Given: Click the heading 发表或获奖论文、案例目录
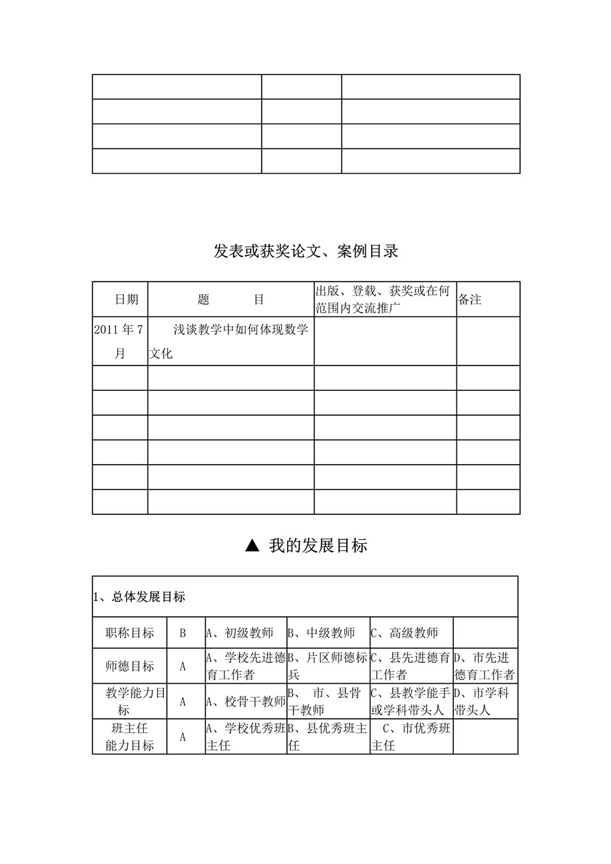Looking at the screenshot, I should [305, 251].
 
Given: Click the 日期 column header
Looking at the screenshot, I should [126, 300].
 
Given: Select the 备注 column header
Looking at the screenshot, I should [470, 300].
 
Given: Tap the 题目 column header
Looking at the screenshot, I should [230, 300].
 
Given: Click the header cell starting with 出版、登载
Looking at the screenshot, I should [384, 300].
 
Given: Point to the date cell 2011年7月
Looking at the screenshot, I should [120, 341].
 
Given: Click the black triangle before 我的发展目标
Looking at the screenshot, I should [252, 546].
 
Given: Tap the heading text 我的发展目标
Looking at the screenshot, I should [318, 546].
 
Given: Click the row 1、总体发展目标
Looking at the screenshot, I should [140, 597].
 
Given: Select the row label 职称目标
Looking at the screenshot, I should [130, 633].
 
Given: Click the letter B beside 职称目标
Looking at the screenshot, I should [183, 634].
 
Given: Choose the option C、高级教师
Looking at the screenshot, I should [405, 633].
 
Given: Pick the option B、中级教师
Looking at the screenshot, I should [321, 633].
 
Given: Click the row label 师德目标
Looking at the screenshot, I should [130, 667].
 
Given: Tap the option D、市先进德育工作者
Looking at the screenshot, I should [484, 666].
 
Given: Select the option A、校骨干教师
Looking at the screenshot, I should [246, 702].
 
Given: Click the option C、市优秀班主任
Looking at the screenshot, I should [412, 737].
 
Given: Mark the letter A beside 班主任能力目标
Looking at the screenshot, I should [183, 737].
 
